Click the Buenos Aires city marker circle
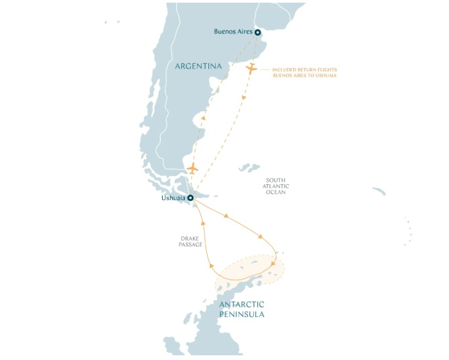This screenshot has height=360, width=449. [257, 32]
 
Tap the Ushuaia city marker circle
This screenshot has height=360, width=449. [190, 197]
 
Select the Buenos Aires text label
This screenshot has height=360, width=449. [233, 32]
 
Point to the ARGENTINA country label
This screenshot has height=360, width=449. [198, 66]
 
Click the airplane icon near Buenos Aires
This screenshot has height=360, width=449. [251, 69]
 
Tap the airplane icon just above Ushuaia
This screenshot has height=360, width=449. [193, 168]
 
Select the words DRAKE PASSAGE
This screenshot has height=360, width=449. [191, 241]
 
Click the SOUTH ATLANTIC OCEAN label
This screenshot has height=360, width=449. [276, 186]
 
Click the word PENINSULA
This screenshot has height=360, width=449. [241, 314]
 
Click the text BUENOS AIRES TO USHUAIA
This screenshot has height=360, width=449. [304, 76]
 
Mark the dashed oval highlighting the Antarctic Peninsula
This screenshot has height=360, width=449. [250, 272]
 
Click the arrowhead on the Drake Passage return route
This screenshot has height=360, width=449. [202, 221]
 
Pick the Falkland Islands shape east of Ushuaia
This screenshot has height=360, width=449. [249, 167]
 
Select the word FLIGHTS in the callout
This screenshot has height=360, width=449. [325, 69]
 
